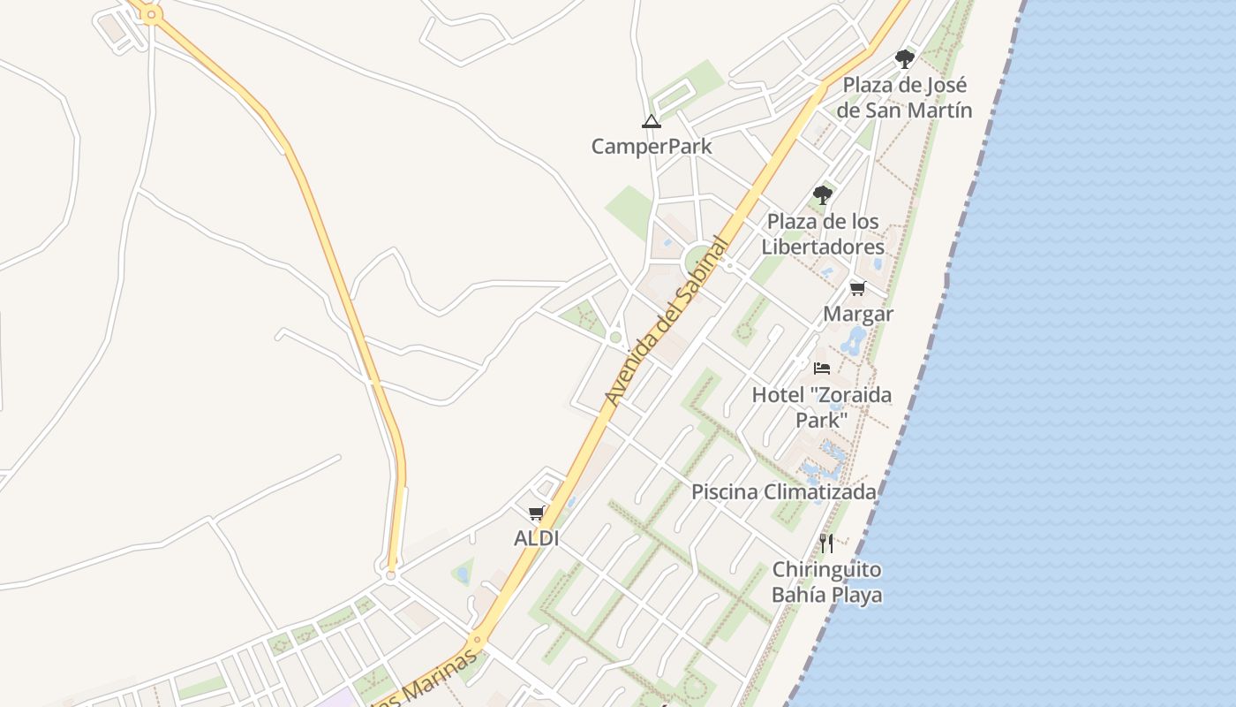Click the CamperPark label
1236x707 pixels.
(652, 146)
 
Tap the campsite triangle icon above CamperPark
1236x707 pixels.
(651, 121)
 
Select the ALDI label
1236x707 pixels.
(537, 538)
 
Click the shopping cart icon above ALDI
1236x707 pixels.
(536, 513)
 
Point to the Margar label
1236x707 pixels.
(858, 314)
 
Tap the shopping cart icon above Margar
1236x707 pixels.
(857, 289)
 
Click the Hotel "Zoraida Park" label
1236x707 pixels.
(821, 407)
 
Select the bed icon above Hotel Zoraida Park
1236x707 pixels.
(822, 369)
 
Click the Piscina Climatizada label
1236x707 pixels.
(784, 492)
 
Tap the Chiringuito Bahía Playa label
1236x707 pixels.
(826, 582)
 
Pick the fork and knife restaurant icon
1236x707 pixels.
(826, 543)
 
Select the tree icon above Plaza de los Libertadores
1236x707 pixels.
(823, 194)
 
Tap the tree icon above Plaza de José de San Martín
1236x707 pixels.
(904, 59)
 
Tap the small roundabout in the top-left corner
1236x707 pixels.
(151, 14)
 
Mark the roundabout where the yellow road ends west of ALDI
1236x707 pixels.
(391, 575)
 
